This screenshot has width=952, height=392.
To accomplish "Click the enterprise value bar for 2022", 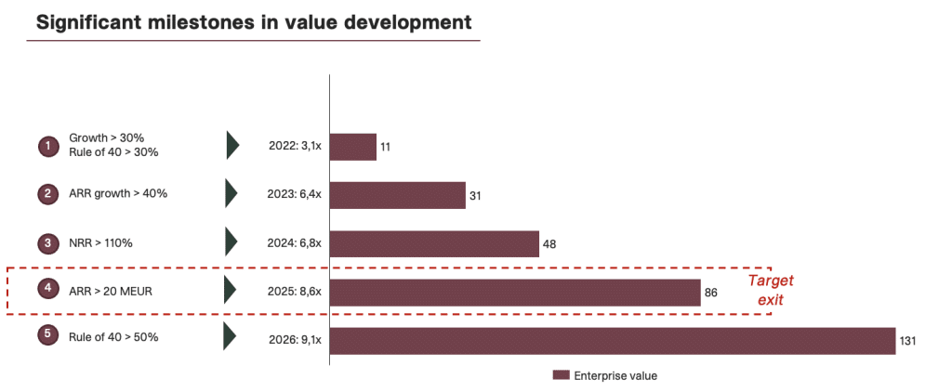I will click(x=353, y=147).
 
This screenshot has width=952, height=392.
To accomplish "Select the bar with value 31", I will click(x=397, y=195).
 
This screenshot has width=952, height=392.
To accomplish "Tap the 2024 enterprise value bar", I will click(x=434, y=243).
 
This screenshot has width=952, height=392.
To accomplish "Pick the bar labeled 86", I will click(x=515, y=292).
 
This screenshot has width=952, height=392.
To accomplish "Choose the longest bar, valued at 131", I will click(x=612, y=340).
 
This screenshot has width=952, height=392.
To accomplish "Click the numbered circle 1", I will click(x=47, y=146).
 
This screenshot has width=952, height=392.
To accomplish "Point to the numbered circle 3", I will click(x=47, y=243).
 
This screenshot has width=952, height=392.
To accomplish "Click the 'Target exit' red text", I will click(x=772, y=289).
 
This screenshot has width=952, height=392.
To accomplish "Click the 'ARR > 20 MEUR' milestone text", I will click(x=111, y=290).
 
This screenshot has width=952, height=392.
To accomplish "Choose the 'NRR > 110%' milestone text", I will click(x=100, y=243).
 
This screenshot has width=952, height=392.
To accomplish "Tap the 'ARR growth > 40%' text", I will click(x=117, y=193).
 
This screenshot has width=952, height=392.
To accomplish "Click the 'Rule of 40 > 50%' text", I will click(x=113, y=336).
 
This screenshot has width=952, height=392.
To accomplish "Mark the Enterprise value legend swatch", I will click(x=560, y=375).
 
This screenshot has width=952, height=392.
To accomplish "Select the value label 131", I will click(x=908, y=341).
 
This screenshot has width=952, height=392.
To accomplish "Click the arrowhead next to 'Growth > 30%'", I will click(x=232, y=145).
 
